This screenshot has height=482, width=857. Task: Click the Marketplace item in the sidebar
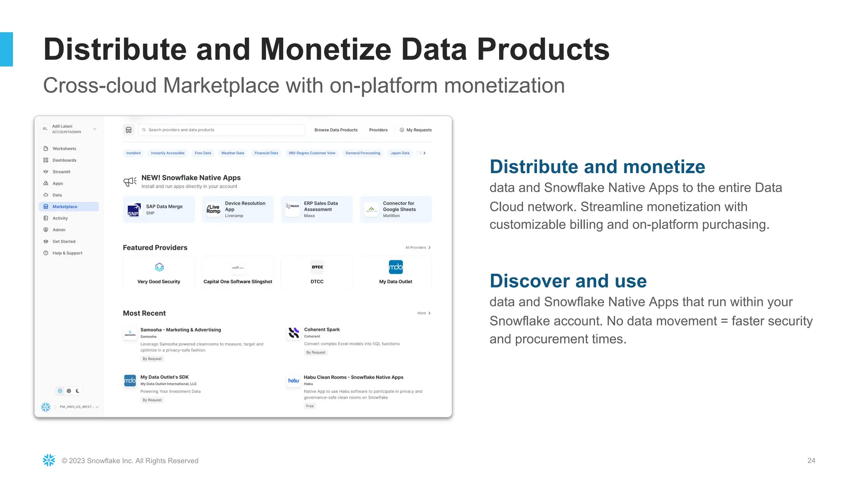65,207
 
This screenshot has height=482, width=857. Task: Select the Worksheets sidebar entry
64,149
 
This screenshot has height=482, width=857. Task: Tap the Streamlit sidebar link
61,172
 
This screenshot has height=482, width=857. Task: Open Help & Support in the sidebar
67,253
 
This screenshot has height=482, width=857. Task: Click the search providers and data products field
222,130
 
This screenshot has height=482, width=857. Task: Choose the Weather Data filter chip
233,153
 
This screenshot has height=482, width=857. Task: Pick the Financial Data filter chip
266,153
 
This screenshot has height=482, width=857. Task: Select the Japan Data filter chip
400,153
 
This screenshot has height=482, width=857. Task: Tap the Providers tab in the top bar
378,130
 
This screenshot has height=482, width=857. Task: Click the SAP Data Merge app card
159,209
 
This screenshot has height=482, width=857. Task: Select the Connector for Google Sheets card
396,209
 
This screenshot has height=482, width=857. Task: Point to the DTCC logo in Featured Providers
317,267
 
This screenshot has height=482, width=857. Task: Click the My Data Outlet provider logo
396,267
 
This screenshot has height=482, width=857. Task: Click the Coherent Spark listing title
322,330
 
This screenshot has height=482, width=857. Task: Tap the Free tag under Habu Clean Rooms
310,406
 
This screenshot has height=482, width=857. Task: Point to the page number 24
811,461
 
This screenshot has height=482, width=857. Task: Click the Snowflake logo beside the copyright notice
49,460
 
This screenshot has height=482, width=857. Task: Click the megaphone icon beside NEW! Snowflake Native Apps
130,182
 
